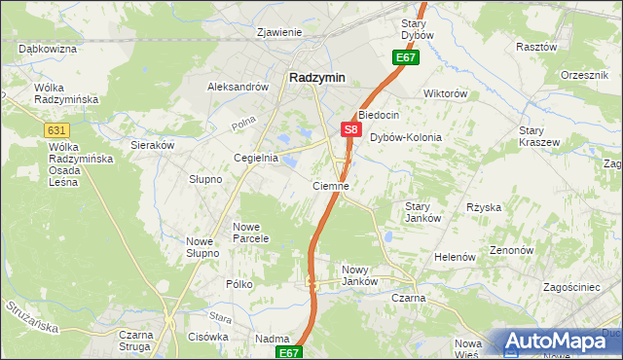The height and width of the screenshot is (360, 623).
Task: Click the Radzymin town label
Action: click(317, 79)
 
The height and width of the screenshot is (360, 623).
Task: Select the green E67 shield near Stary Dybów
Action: click(406, 58)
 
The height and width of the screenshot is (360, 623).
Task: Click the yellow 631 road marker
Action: click(55, 128)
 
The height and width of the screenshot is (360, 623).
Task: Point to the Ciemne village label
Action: click(330, 185)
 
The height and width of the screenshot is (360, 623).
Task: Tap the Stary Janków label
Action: click(423, 211)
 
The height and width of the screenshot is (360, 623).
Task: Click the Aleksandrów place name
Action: click(238, 87)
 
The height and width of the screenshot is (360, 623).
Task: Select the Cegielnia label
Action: click(256, 158)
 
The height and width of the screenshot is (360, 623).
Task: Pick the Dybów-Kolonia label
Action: click(406, 138)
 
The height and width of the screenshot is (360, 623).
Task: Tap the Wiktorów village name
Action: click(446, 94)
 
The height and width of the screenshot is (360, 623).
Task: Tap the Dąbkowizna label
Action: click(48, 48)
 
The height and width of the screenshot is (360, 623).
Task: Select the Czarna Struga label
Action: click(137, 341)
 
